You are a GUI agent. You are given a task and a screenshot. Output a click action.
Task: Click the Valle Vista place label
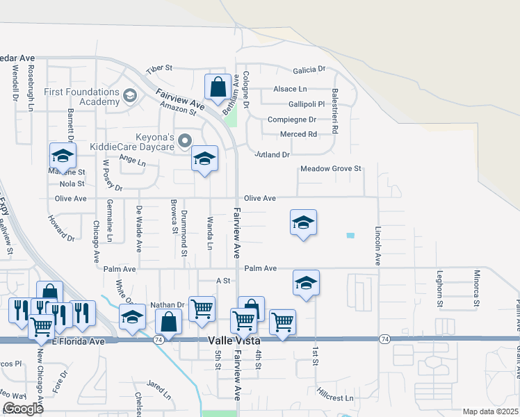click(x=236, y=341)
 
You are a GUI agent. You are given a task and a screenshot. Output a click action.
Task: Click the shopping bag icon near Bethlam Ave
click(x=218, y=88)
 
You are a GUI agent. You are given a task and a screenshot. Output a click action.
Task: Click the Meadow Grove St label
click(x=331, y=169)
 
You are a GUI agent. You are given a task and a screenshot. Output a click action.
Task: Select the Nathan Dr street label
click(x=167, y=305)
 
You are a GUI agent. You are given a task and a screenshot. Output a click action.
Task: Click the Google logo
click(x=24, y=409)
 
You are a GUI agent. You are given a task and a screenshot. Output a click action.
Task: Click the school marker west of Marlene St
click(x=62, y=156)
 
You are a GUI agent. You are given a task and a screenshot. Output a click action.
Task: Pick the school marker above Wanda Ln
click(x=204, y=159)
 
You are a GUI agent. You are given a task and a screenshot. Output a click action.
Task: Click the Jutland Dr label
click(x=271, y=154)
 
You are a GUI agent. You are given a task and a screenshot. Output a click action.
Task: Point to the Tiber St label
click(x=159, y=70)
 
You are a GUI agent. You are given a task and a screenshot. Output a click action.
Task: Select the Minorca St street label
click(x=476, y=288)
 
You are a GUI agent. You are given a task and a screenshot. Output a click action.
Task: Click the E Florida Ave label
click(x=78, y=341)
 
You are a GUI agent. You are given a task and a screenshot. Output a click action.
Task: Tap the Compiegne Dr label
click(x=292, y=120)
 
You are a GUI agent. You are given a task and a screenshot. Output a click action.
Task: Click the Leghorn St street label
click(x=439, y=289)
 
